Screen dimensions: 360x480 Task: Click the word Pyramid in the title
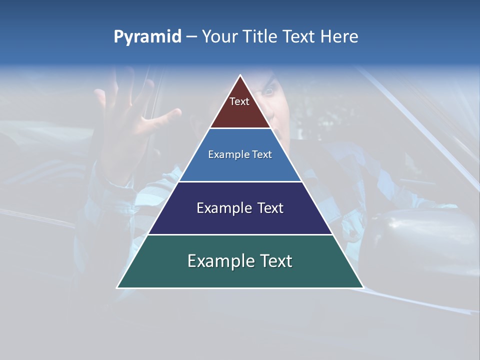click(147, 37)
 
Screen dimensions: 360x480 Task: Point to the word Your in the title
click(220, 36)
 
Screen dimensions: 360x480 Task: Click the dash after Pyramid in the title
click(191, 37)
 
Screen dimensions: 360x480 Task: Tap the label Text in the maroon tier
click(239, 102)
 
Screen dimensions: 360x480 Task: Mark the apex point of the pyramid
click(240, 75)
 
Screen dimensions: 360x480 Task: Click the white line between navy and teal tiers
click(240, 234)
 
